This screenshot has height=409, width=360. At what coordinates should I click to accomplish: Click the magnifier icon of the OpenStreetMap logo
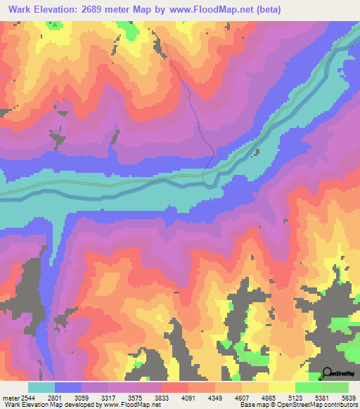pos(326,373)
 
